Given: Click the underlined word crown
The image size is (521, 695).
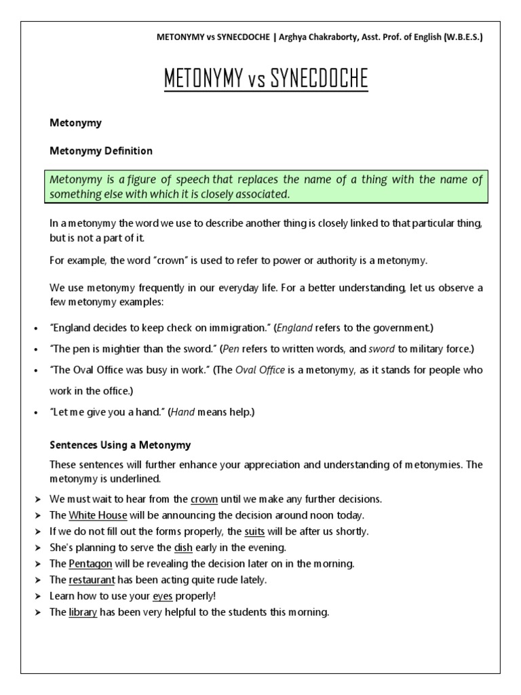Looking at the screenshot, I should click(204, 499).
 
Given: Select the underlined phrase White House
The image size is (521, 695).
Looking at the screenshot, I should click(97, 515).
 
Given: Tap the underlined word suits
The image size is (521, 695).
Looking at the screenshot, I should click(254, 531).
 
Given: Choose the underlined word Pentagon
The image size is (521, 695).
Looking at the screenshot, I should click(91, 564).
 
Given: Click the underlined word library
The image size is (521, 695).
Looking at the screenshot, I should click(83, 613).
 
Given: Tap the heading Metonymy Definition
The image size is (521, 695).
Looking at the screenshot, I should click(101, 151).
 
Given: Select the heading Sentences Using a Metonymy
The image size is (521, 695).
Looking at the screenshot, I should click(121, 445).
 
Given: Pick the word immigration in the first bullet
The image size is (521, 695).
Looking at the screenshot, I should click(232, 328).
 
